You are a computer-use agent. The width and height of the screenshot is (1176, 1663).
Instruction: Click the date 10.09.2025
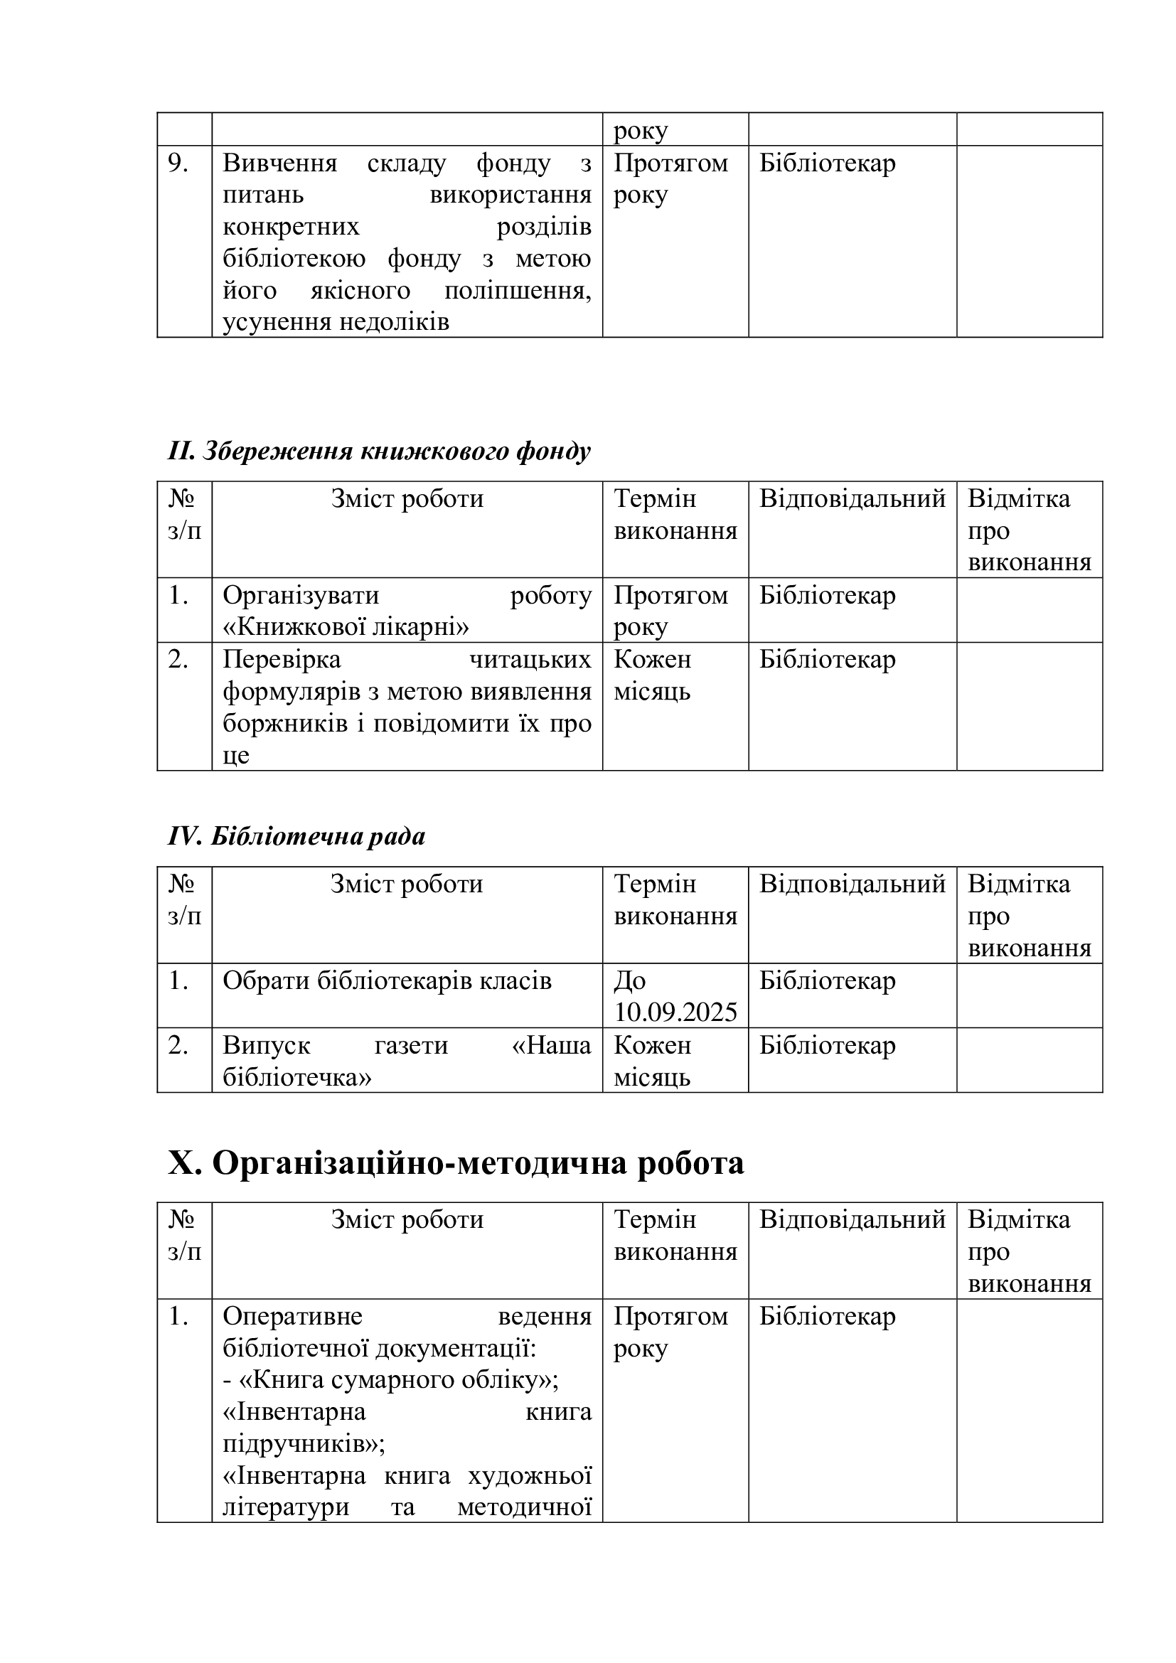[675, 1012]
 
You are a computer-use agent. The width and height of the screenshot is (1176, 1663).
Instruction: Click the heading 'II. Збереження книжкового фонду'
[379, 451]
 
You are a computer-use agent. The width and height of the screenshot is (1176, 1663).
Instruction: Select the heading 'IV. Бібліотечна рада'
[296, 837]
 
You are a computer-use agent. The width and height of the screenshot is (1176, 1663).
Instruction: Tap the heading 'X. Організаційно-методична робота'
[456, 1163]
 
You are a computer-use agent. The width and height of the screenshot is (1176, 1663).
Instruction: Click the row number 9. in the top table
[178, 164]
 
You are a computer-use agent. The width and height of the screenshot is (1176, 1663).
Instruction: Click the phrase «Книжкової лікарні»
[346, 626]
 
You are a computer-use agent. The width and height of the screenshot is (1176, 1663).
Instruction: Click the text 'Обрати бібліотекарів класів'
[387, 980]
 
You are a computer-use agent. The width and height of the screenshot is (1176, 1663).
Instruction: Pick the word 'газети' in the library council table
[410, 1045]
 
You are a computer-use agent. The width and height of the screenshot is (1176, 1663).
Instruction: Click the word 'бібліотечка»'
[297, 1077]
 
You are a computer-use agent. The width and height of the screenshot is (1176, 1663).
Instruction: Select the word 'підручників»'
[304, 1443]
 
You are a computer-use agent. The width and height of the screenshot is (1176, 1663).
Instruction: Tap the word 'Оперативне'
[292, 1316]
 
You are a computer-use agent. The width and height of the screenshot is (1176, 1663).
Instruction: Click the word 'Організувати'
[301, 595]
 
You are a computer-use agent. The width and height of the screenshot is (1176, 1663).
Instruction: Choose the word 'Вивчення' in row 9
[279, 164]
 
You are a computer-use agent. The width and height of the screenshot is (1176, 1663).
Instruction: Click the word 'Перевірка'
[281, 659]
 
